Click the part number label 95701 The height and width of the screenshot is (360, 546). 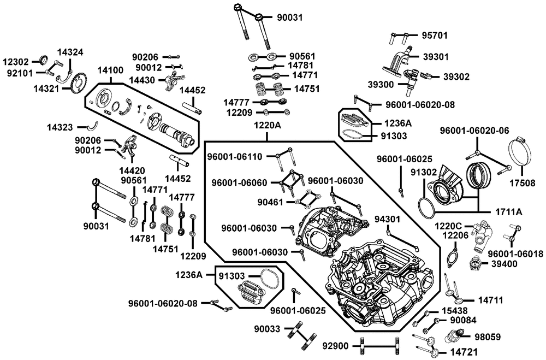point(435,36)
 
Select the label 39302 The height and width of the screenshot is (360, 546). point(456,76)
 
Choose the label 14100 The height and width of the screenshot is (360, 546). point(110,70)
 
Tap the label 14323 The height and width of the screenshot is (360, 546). point(60,127)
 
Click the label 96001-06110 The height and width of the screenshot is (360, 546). point(235,157)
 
